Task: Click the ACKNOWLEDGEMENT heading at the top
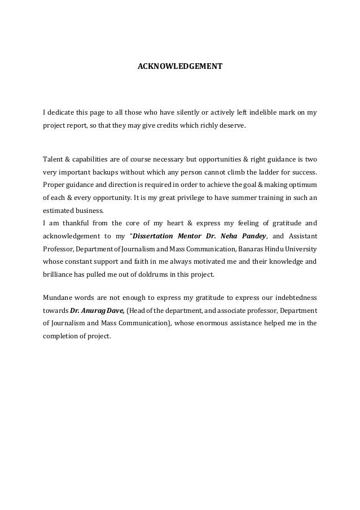click(x=180, y=67)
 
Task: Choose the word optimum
click(x=302, y=185)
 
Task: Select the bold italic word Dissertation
click(x=155, y=236)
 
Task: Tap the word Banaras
click(x=254, y=249)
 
